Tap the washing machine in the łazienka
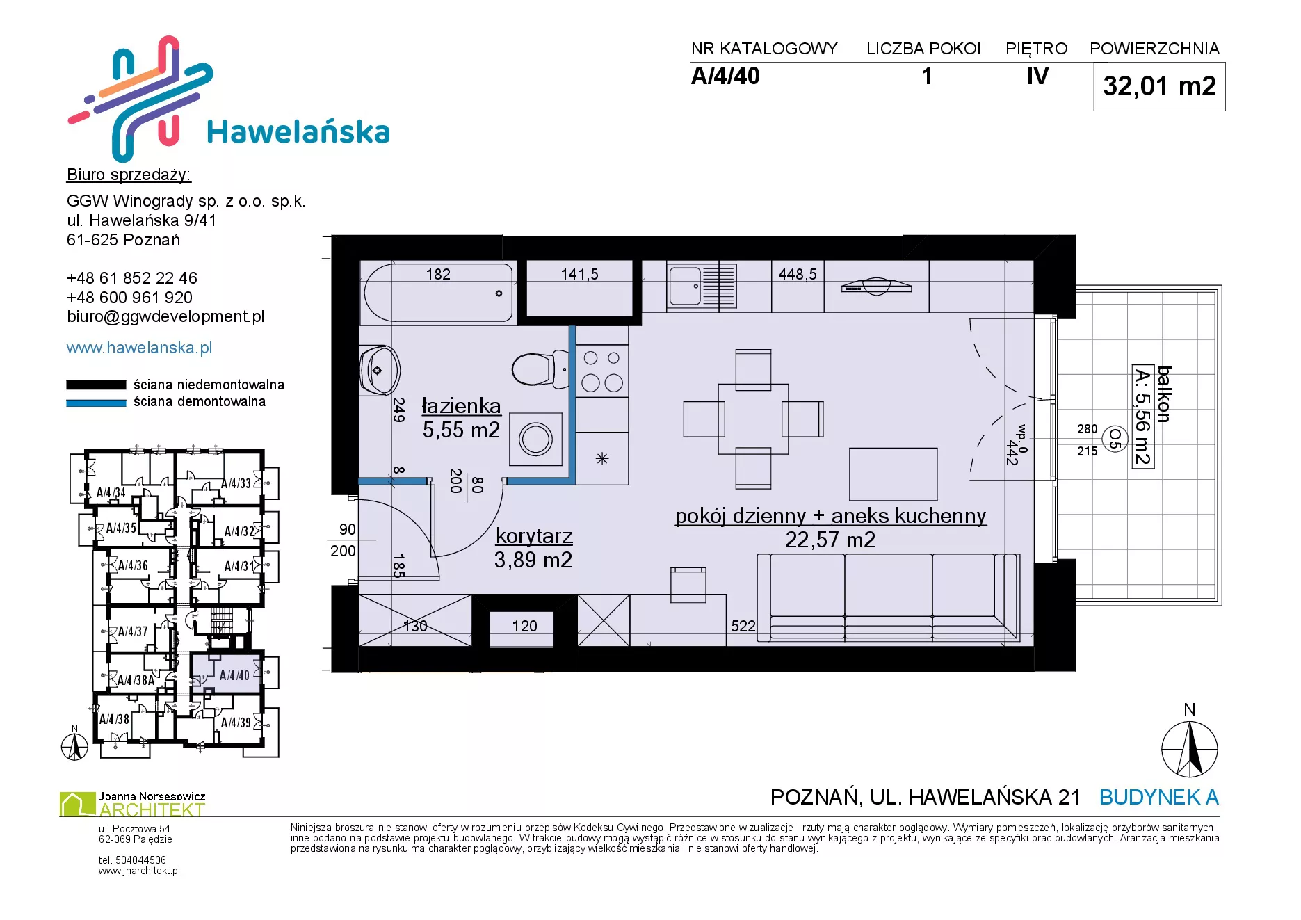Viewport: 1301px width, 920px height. [535, 439]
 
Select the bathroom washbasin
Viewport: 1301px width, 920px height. [379, 370]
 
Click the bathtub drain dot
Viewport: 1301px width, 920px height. [499, 293]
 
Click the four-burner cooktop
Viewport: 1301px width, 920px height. [602, 371]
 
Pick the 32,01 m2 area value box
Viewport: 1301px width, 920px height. [1159, 87]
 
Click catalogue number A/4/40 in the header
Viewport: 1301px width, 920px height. [725, 76]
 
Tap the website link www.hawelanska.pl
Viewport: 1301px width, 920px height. [139, 348]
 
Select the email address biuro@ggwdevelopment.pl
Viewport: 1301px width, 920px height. [165, 317]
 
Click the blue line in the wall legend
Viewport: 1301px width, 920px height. [96, 403]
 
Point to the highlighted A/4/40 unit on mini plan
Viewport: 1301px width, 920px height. [227, 672]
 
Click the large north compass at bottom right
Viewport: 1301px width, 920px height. [1190, 749]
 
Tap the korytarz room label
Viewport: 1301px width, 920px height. [534, 536]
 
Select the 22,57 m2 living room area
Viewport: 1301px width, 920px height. [830, 540]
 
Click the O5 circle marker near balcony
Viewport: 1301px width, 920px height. [1115, 439]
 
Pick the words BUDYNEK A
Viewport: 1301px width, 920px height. [1158, 797]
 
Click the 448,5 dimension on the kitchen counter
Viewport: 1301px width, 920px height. [798, 275]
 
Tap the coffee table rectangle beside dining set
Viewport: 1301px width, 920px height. [894, 474]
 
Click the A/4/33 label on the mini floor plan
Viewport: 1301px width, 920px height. [236, 483]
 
